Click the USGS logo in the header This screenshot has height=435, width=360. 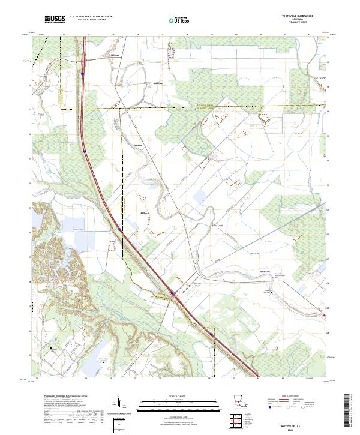[55, 20]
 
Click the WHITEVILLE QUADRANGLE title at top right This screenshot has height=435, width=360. [304, 16]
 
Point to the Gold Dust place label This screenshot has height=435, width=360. [157, 84]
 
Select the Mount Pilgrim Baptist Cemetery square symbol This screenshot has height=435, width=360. [103, 362]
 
